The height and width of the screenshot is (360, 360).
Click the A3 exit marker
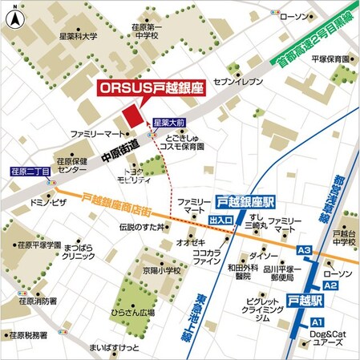(x=305, y=251)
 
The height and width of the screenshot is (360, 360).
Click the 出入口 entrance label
(x=220, y=218)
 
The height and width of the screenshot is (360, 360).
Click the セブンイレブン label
(x=233, y=83)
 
